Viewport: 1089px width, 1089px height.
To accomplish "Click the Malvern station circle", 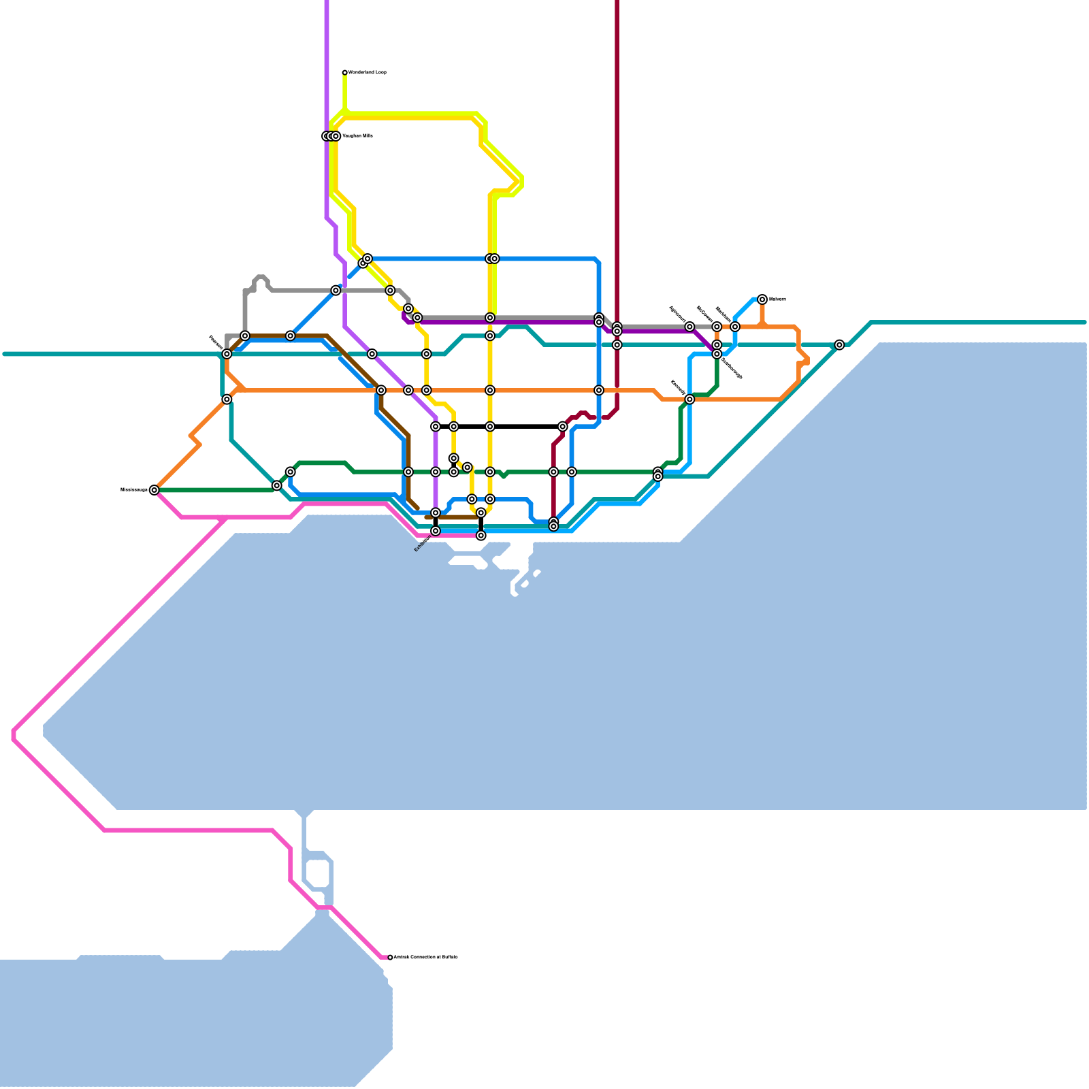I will coord(762,299).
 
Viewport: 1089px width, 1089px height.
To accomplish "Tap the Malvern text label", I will coord(777,299).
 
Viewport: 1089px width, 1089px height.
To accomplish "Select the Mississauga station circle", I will coord(155,490).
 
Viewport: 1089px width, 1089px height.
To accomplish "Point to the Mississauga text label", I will coord(133,489).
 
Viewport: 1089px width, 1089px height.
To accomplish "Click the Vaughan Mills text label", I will coord(357,136).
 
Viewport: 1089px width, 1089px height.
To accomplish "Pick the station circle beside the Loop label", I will coord(345,73).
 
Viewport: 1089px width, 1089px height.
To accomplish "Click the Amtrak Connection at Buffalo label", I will coord(425,958).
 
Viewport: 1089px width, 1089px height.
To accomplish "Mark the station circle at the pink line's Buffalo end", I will coord(390,958).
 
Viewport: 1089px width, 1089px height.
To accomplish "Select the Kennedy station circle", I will coord(689,400).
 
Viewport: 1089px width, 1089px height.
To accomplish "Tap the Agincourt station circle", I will coord(689,327).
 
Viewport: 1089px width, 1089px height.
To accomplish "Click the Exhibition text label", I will coord(423,544).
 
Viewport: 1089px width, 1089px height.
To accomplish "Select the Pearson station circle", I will coord(227,354).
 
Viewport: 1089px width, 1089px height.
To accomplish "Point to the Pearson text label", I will coord(214,340).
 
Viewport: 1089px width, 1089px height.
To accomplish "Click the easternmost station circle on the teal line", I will coord(839,345).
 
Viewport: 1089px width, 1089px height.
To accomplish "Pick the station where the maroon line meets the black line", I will coord(562,427).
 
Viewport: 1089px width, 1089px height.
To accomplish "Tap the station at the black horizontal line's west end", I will coord(436,427).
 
